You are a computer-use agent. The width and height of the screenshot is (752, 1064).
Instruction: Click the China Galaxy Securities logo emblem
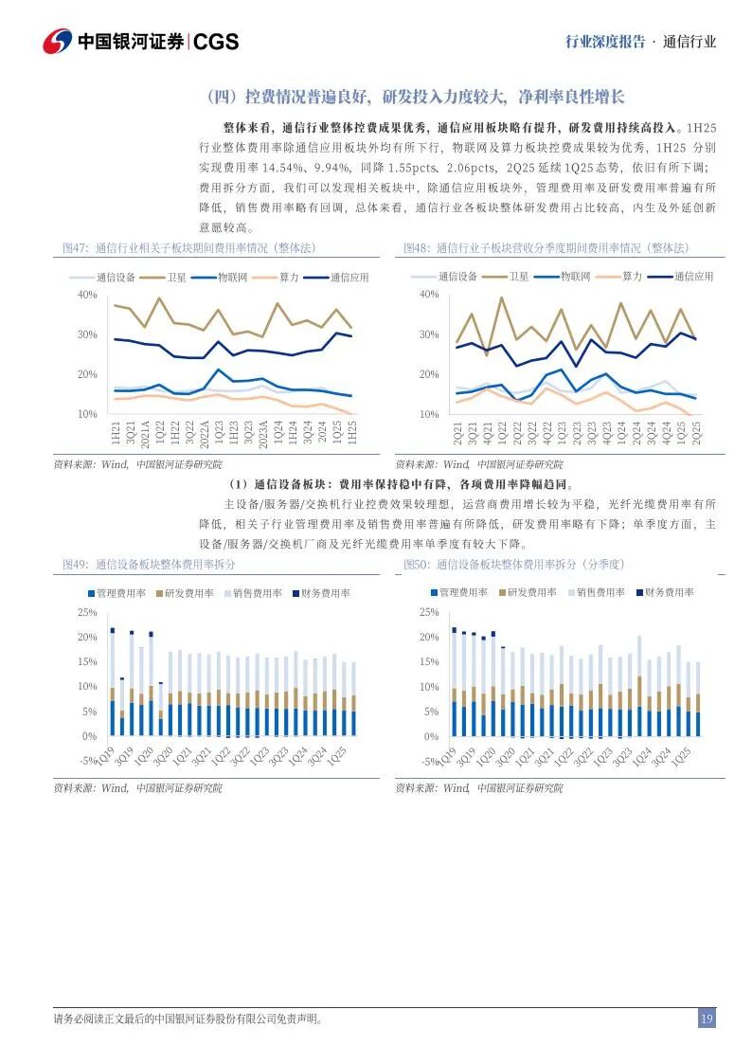click(x=57, y=41)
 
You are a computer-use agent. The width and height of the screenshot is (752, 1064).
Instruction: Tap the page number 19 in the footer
click(x=707, y=1019)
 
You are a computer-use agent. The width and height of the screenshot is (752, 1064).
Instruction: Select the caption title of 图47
click(x=188, y=248)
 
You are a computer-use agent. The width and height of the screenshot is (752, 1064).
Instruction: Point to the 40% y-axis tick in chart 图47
click(x=87, y=296)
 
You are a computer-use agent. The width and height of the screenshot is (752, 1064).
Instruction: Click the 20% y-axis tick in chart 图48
click(x=429, y=375)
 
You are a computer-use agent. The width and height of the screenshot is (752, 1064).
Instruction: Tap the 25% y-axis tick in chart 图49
click(x=87, y=613)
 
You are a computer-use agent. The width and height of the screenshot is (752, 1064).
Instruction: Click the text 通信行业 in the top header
click(x=689, y=42)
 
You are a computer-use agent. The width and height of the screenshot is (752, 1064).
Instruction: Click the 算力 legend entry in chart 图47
click(x=289, y=278)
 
